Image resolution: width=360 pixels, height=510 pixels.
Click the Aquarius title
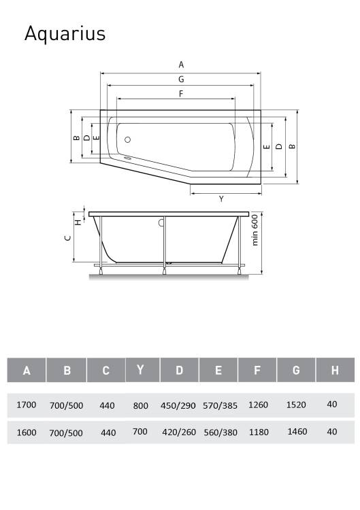pyautogui.click(x=65, y=33)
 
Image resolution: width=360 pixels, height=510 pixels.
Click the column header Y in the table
pyautogui.click(x=140, y=369)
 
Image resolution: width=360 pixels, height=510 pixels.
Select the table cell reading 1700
pyautogui.click(x=26, y=405)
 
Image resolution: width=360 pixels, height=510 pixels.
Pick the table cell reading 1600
pyautogui.click(x=27, y=432)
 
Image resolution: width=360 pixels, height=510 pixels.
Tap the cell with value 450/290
pyautogui.click(x=178, y=405)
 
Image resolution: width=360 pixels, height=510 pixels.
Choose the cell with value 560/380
pyautogui.click(x=220, y=432)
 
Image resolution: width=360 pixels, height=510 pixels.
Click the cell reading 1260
pyautogui.click(x=258, y=405)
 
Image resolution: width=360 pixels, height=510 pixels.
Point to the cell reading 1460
pyautogui.click(x=297, y=432)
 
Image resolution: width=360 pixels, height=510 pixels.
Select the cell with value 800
pyautogui.click(x=141, y=405)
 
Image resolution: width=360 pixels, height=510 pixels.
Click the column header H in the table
pyautogui.click(x=335, y=370)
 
